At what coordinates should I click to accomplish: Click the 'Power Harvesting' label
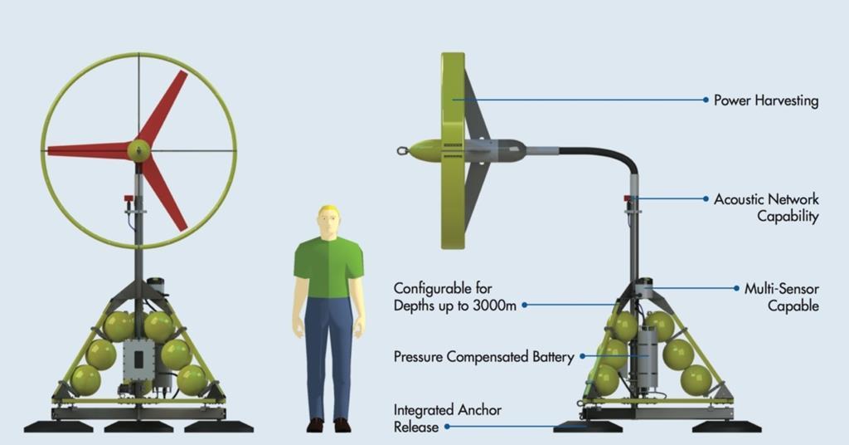point(765,100)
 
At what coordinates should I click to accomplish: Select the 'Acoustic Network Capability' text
point(765,208)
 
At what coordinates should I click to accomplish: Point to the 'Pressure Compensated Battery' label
point(483,357)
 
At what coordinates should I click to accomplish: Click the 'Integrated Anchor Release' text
point(447,418)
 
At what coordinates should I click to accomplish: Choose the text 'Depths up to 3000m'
point(455,306)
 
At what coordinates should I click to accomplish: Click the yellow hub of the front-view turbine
point(138,150)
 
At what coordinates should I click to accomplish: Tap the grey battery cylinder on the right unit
point(647,358)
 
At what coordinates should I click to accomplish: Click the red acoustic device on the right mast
point(628,198)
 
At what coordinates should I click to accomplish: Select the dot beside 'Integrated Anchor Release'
point(448,427)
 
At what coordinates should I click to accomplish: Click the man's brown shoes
point(328,424)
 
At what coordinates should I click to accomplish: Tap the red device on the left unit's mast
point(129,198)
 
